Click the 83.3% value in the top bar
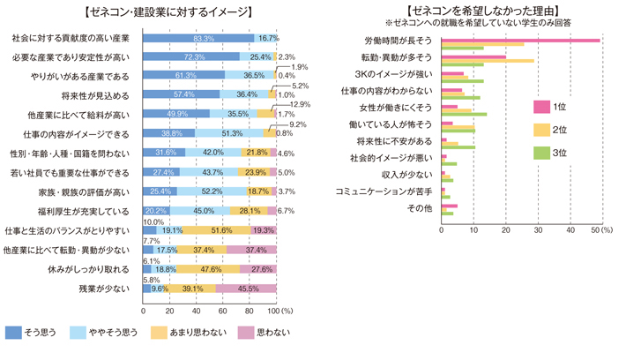204,39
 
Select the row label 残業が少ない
105,289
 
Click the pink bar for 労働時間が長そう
519,40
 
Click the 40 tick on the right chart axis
570,230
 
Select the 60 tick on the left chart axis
221,311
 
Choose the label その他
420,208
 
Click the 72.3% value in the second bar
195,56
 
